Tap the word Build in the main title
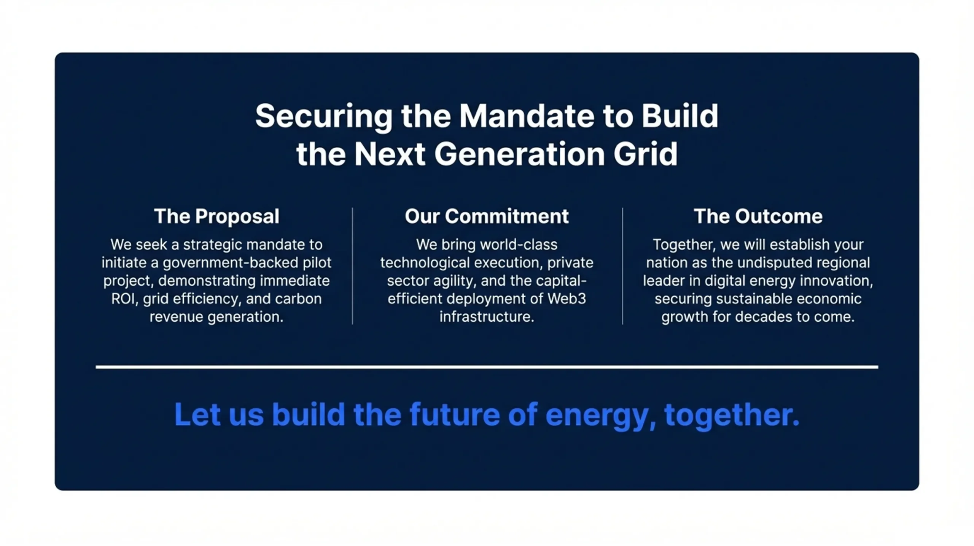[x=680, y=116]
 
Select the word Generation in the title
[x=519, y=154]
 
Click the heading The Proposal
[x=216, y=216]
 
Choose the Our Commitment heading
[x=487, y=216]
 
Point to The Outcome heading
[x=758, y=216]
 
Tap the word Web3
[x=567, y=299]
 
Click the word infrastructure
[x=487, y=317]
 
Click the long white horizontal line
[x=487, y=367]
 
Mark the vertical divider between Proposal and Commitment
[x=352, y=266]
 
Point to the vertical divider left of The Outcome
[x=622, y=266]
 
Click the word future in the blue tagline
[x=455, y=414]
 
